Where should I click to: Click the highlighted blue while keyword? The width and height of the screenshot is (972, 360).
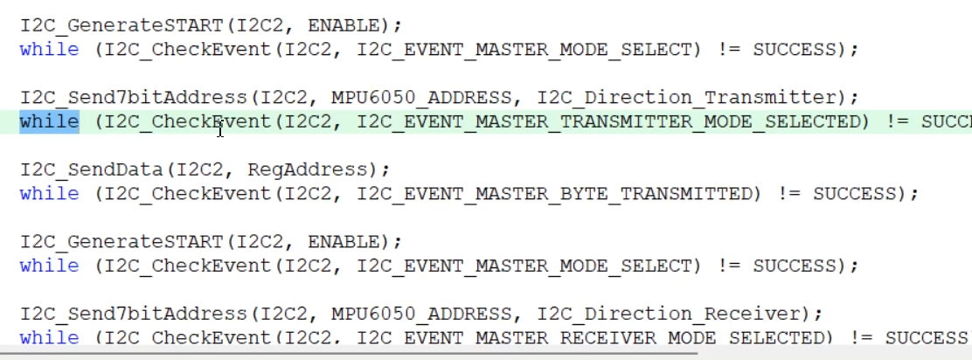click(49, 121)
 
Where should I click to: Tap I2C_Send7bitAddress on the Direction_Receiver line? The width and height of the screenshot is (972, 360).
click(140, 313)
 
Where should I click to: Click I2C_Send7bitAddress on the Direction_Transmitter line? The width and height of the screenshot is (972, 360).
click(140, 97)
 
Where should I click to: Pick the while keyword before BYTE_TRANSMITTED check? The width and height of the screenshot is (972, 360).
click(49, 193)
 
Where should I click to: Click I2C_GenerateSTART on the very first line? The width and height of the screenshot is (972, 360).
click(122, 25)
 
